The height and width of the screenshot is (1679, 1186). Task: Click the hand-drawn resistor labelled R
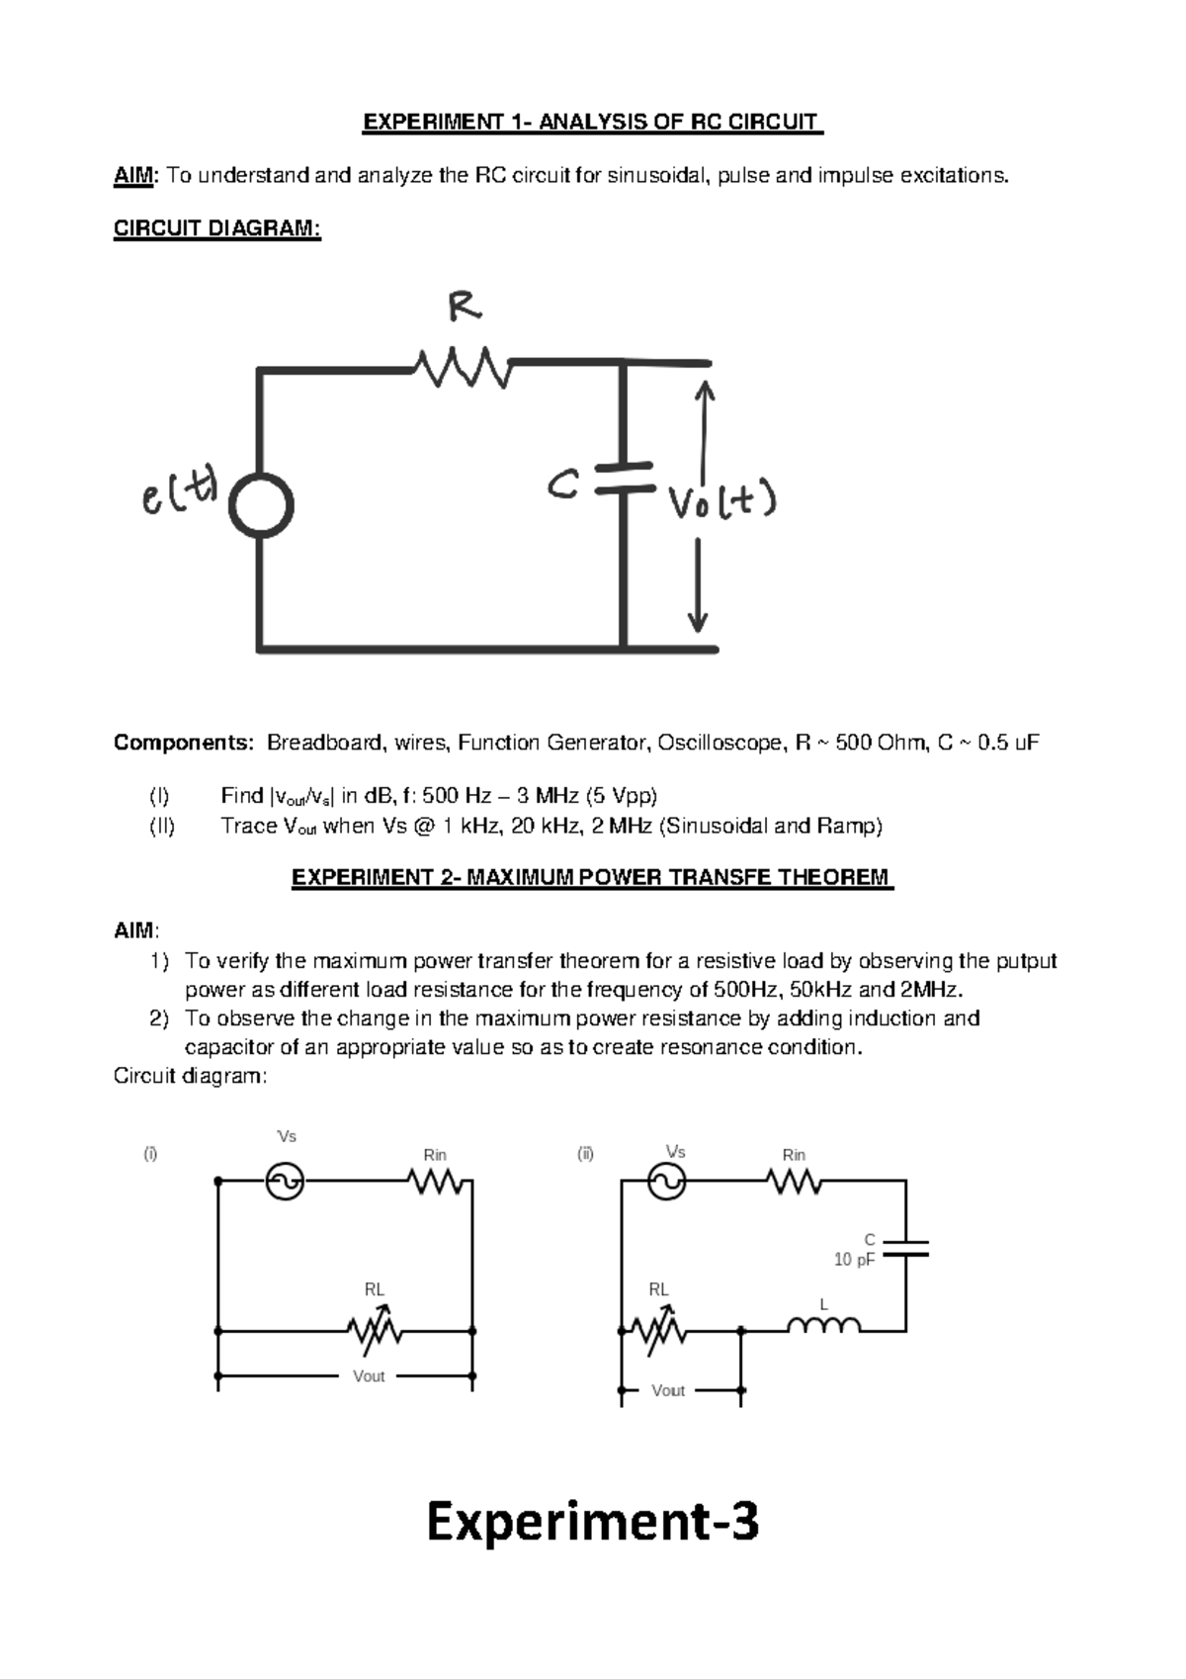click(463, 367)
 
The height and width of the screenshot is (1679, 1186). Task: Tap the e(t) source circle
click(261, 505)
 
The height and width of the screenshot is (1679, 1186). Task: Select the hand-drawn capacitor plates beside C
click(624, 476)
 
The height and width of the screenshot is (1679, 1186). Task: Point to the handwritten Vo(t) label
click(721, 503)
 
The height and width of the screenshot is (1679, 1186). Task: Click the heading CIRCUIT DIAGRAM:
click(217, 228)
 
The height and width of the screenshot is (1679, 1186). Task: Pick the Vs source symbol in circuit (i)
click(286, 1181)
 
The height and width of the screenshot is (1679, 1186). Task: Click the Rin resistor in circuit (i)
click(435, 1181)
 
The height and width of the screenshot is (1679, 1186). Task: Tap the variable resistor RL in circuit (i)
click(375, 1332)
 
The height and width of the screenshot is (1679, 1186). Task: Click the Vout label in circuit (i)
click(369, 1376)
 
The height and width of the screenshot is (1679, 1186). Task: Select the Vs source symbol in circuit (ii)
click(666, 1181)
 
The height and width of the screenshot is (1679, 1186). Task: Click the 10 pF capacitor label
click(854, 1260)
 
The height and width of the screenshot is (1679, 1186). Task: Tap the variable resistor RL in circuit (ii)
click(660, 1332)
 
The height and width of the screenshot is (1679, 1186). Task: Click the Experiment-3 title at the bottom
click(592, 1522)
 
